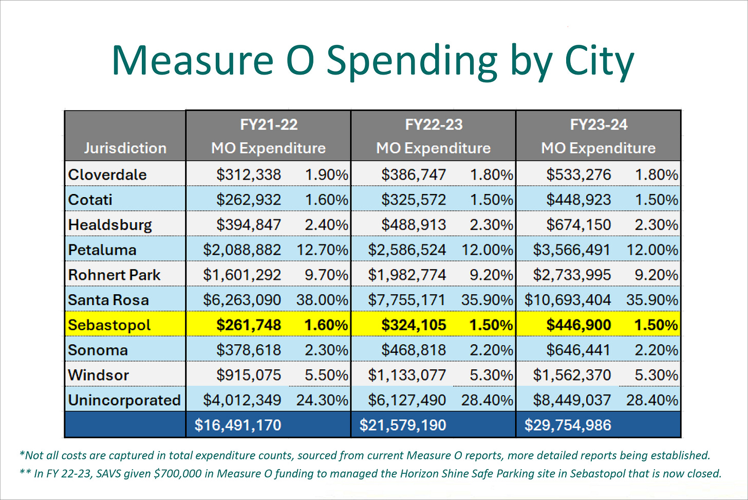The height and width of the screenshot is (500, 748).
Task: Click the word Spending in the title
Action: pyautogui.click(x=412, y=61)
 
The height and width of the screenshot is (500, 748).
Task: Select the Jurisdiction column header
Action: pyautogui.click(x=125, y=148)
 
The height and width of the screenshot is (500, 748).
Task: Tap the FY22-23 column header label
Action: pyautogui.click(x=434, y=124)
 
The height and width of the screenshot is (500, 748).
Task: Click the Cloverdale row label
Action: pyautogui.click(x=107, y=174)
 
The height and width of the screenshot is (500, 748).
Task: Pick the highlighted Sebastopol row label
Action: pyautogui.click(x=109, y=325)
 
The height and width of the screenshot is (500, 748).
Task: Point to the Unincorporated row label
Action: pyautogui.click(x=124, y=400)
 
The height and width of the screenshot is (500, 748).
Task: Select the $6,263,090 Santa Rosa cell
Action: pyautogui.click(x=242, y=300)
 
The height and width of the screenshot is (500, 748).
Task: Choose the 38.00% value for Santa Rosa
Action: pyautogui.click(x=322, y=300)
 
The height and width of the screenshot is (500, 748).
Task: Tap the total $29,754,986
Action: pyautogui.click(x=568, y=425)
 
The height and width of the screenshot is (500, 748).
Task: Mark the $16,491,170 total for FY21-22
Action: pyautogui.click(x=238, y=425)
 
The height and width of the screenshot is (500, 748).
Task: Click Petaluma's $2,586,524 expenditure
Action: pyautogui.click(x=407, y=250)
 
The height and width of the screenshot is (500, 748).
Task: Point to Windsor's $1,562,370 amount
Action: pyautogui.click(x=572, y=375)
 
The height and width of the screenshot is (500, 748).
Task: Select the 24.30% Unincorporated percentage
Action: pyautogui.click(x=322, y=400)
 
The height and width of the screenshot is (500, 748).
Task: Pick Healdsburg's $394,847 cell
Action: pyautogui.click(x=249, y=225)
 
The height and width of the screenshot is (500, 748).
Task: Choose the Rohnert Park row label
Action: pyautogui.click(x=114, y=275)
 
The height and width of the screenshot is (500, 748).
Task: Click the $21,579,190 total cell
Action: pyautogui.click(x=403, y=425)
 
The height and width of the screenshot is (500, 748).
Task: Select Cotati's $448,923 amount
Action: pyautogui.click(x=578, y=200)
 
